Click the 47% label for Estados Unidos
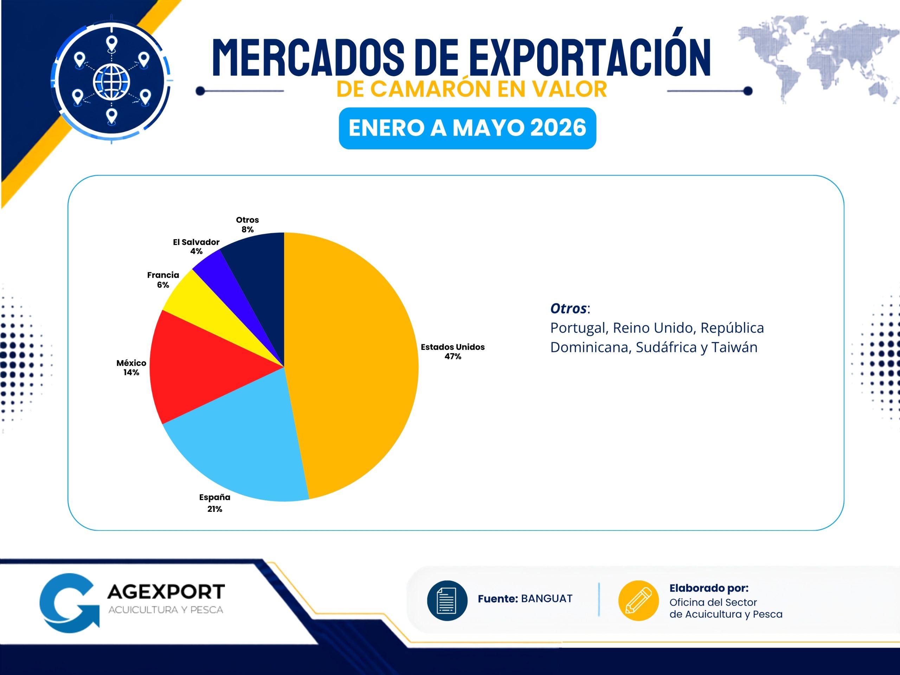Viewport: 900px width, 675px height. tap(453, 357)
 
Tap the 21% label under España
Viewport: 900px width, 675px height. tap(215, 509)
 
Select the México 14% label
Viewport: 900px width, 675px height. tap(131, 367)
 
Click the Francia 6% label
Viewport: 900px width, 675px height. tap(163, 279)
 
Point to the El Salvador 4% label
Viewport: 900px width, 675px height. tap(196, 246)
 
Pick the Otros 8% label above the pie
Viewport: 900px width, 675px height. tap(247, 225)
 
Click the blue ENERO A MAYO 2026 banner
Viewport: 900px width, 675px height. tap(468, 128)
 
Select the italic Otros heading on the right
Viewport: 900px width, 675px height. tap(568, 308)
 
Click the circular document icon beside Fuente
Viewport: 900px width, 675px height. tap(447, 600)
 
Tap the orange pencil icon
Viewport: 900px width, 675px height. tap(638, 600)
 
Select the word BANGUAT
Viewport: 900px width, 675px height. tap(546, 598)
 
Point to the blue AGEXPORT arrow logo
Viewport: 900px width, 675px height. tap(69, 603)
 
